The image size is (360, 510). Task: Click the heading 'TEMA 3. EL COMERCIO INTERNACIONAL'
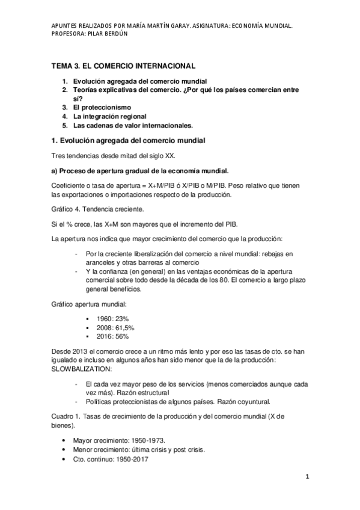coord(123,66)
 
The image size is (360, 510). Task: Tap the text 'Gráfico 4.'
coord(68,209)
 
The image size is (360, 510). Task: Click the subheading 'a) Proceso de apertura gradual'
coord(102,171)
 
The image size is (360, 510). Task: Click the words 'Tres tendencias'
coord(74,156)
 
